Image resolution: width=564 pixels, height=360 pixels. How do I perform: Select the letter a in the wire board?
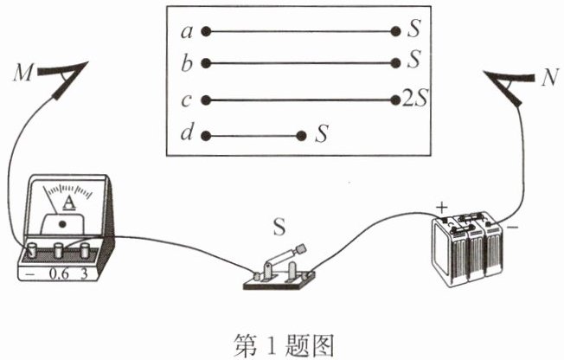(x=186, y=31)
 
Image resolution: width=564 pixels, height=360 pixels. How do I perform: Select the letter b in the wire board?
(x=186, y=63)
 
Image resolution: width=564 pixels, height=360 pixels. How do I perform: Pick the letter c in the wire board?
(x=186, y=100)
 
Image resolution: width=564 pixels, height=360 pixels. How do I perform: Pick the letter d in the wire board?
(x=186, y=135)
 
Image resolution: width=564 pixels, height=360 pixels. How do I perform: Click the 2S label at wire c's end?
(x=416, y=100)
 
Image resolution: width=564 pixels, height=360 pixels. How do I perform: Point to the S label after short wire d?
(x=322, y=135)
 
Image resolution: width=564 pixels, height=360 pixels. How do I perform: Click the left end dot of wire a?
(x=206, y=31)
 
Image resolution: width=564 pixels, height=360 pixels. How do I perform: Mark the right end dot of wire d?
(x=300, y=136)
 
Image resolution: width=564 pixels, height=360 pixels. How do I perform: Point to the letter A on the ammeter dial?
(x=66, y=204)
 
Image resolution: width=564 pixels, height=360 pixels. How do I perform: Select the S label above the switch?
(x=279, y=229)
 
